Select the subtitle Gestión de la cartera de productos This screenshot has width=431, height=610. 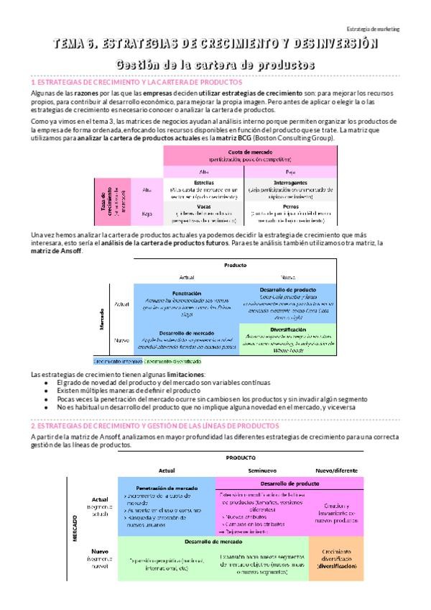[215, 65]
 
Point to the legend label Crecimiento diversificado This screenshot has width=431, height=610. [172, 361]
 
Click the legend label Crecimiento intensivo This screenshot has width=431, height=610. [119, 361]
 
